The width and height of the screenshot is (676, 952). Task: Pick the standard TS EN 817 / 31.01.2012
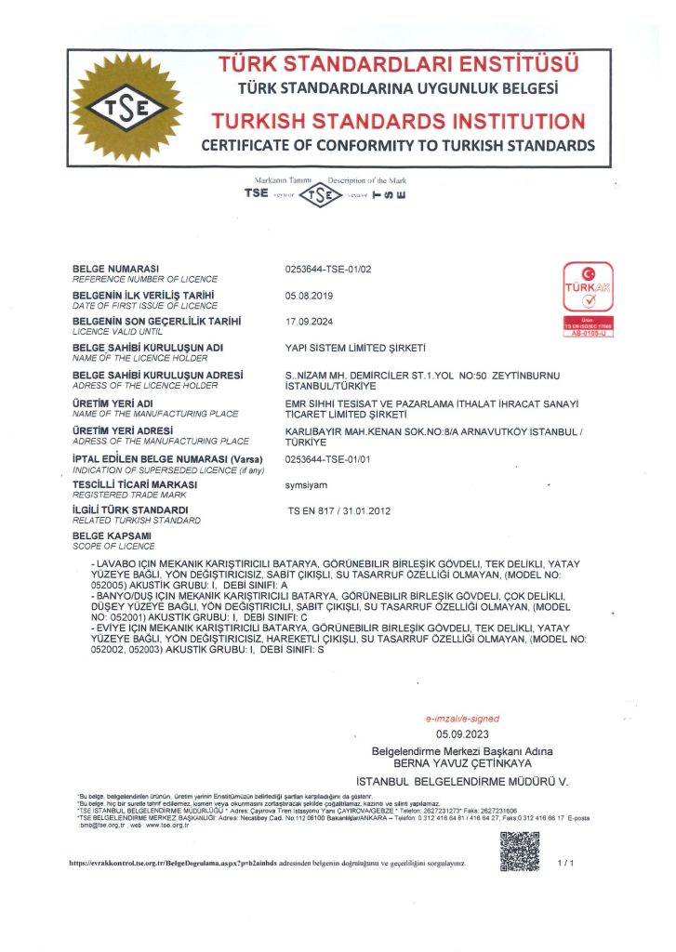point(338,511)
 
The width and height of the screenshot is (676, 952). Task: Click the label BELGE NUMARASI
point(117,269)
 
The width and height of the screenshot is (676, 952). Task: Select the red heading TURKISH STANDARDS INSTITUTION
point(398,122)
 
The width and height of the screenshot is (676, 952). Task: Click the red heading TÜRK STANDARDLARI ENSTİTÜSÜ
point(398,65)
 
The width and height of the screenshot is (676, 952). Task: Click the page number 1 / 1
point(566,864)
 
